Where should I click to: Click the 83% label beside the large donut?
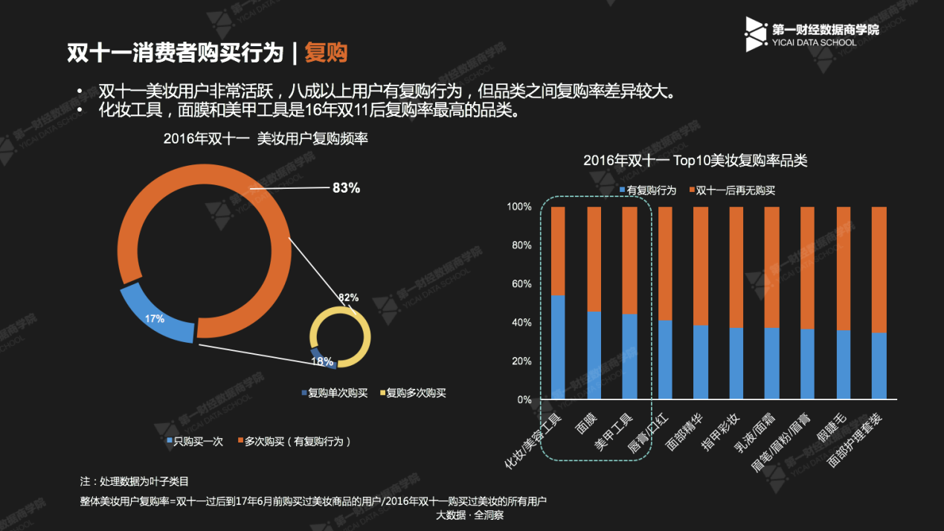[x=346, y=188]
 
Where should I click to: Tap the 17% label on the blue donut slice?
[x=155, y=319]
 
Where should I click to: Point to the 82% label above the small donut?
[x=348, y=297]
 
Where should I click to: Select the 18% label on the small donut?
[x=321, y=361]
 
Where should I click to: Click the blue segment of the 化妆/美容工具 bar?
[x=558, y=347]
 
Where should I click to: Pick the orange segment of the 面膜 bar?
[x=594, y=259]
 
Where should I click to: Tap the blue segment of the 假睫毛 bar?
[x=844, y=364]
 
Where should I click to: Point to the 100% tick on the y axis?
[x=518, y=206]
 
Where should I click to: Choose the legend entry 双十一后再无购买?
[x=733, y=190]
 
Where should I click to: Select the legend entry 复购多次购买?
[x=413, y=393]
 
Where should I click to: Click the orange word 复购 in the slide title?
[x=326, y=53]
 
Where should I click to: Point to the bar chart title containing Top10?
[x=695, y=161]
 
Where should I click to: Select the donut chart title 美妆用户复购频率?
[x=266, y=139]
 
